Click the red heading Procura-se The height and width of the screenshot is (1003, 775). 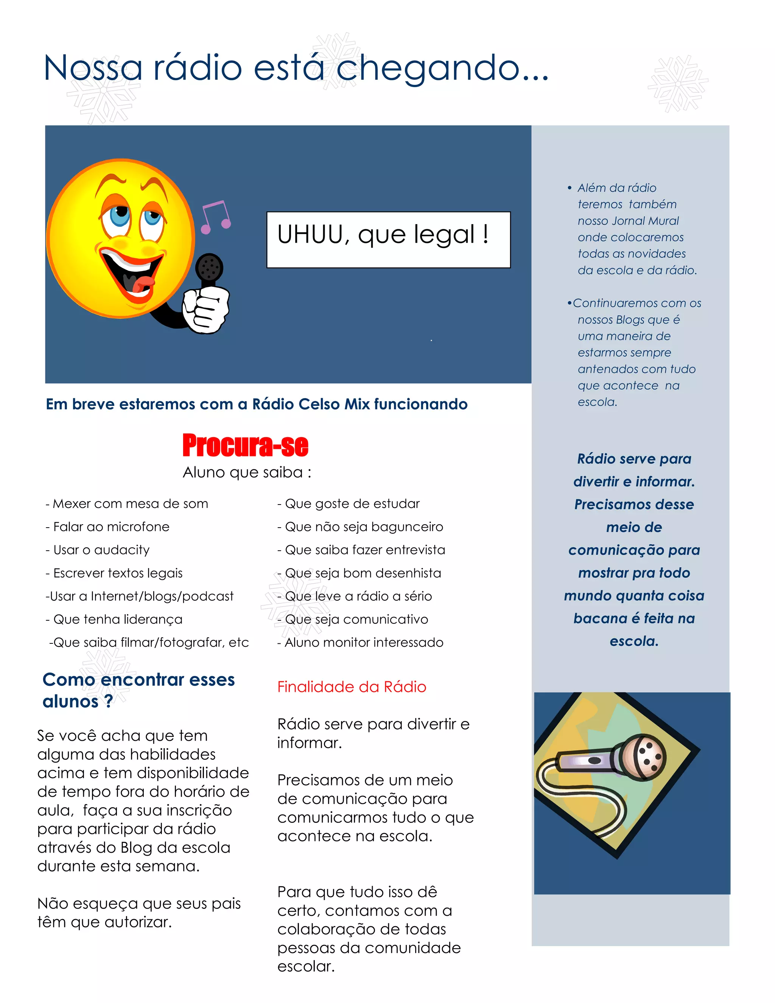[245, 445]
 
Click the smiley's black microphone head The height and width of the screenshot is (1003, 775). [209, 267]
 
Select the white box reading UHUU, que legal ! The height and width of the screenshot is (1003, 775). [388, 239]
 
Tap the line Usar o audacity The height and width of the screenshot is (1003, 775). [97, 550]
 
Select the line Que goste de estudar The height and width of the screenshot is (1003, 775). [349, 504]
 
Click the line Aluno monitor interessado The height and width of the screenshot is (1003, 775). [360, 643]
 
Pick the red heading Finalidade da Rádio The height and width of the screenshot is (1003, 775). [352, 687]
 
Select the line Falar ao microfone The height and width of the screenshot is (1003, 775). [107, 527]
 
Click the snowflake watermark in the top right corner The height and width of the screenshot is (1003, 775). [678, 84]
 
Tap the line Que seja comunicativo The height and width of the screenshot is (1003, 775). [353, 620]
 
